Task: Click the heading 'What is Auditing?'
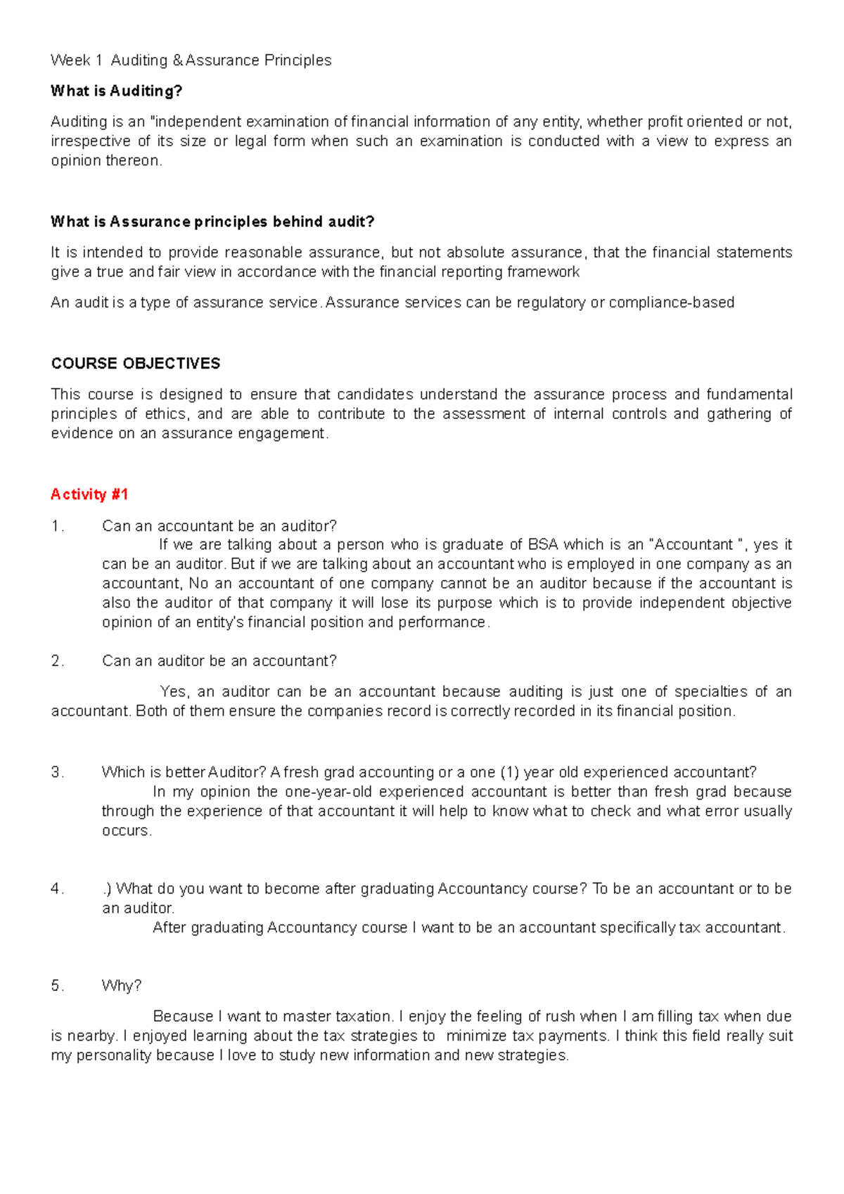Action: pos(116,91)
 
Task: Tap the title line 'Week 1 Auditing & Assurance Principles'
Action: pos(191,60)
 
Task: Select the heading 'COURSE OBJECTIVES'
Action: pos(136,364)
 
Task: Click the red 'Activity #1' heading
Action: pos(89,494)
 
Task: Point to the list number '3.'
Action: pos(58,772)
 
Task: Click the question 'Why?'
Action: pos(122,985)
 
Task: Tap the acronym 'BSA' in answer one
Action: pos(542,544)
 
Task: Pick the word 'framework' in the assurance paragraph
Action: pos(546,271)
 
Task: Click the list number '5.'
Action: pos(58,985)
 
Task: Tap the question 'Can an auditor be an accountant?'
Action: pos(219,660)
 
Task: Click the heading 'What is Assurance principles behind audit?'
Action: pos(212,222)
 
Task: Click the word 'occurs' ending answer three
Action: pos(125,830)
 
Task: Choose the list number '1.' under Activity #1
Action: pos(58,526)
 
